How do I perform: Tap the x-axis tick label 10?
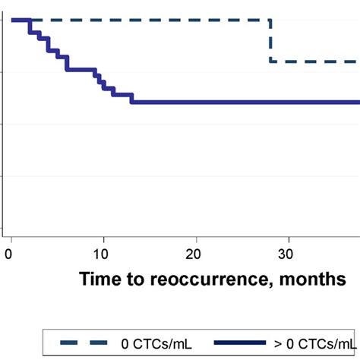coord(103,253)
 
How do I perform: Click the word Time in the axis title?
coord(100,279)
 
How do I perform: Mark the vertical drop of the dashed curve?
coord(271,41)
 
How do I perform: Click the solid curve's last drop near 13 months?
coord(131,98)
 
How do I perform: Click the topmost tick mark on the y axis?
coord(5,20)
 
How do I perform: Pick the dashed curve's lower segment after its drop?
coord(315,62)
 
